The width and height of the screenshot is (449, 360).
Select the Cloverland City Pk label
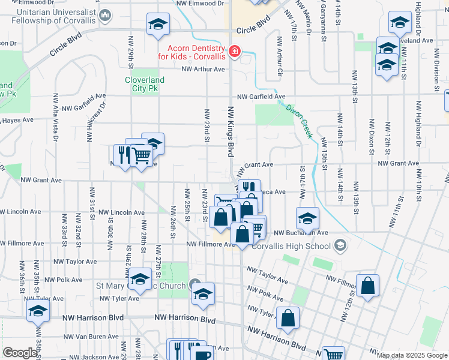tap(145, 84)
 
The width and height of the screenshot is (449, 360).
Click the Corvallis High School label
tap(291, 246)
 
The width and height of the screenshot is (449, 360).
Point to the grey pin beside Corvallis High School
tap(340, 245)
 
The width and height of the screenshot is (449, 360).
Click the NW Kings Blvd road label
tap(231, 132)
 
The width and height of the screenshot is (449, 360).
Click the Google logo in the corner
tap(20, 353)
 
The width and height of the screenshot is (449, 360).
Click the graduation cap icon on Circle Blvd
tap(158, 24)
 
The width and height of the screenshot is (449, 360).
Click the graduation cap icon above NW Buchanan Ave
tap(307, 218)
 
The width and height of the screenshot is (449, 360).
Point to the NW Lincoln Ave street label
tap(122, 212)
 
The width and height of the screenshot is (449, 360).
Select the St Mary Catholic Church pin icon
tap(194, 284)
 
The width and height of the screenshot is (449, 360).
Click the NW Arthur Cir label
tap(279, 56)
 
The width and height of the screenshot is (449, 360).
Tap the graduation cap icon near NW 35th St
tap(38, 311)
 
